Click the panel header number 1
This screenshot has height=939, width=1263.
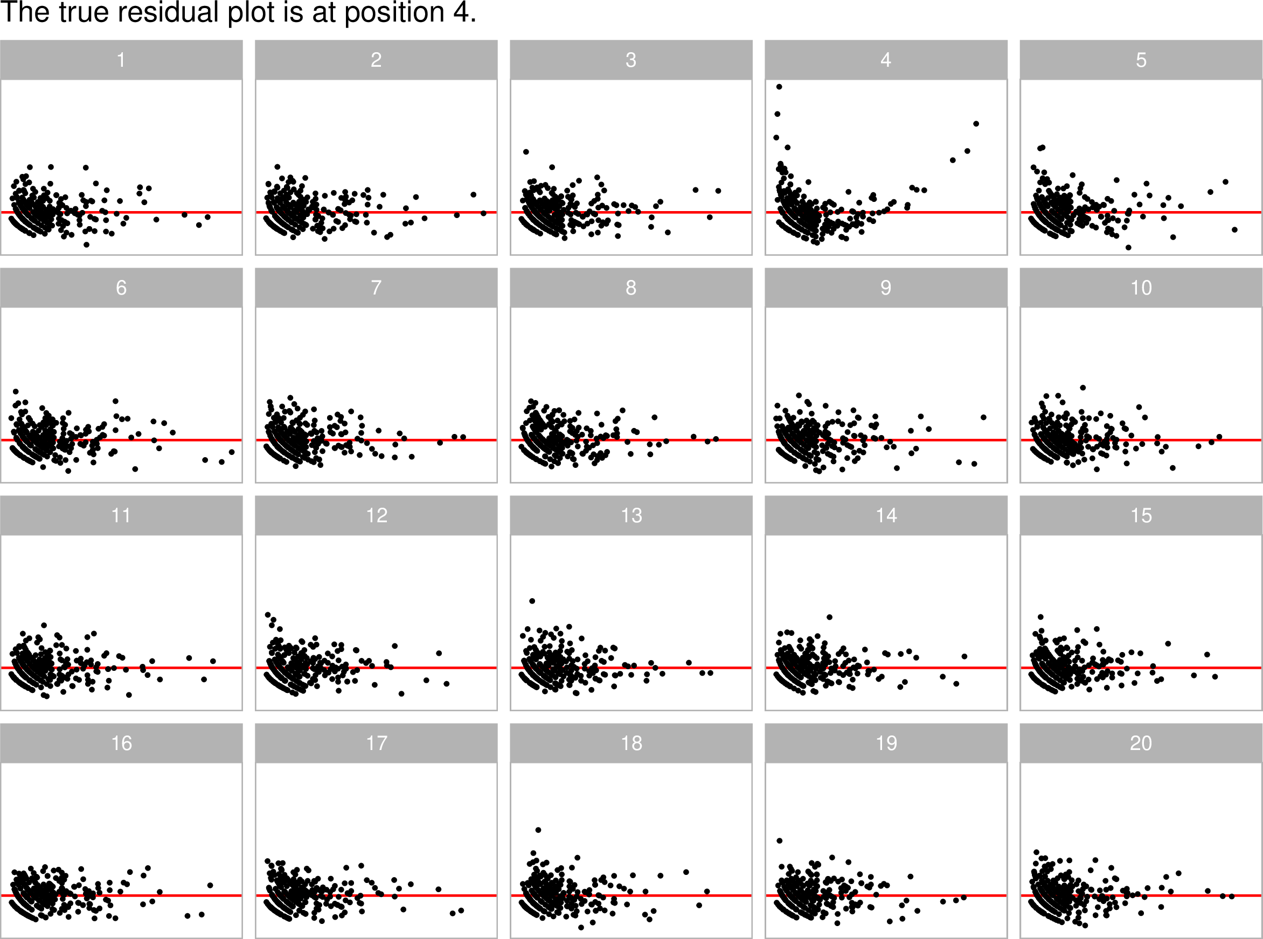point(121,60)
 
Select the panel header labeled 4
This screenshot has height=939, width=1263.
point(886,60)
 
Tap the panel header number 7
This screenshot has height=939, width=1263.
point(376,288)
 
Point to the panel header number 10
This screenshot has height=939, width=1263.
point(1141,288)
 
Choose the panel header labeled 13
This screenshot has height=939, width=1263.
point(631,516)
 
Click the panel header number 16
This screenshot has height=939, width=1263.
point(121,743)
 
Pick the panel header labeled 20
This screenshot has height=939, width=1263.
point(1141,743)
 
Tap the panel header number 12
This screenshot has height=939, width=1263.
point(376,516)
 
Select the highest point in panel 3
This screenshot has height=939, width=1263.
point(526,152)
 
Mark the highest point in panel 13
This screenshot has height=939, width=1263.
point(532,601)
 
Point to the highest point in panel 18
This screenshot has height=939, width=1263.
point(538,830)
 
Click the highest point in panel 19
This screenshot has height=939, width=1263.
point(780,840)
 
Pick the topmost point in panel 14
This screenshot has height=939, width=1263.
point(830,617)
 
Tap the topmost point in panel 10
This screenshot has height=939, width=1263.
point(1082,388)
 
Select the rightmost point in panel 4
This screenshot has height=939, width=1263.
point(976,124)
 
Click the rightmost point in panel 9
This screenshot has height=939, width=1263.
point(984,417)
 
